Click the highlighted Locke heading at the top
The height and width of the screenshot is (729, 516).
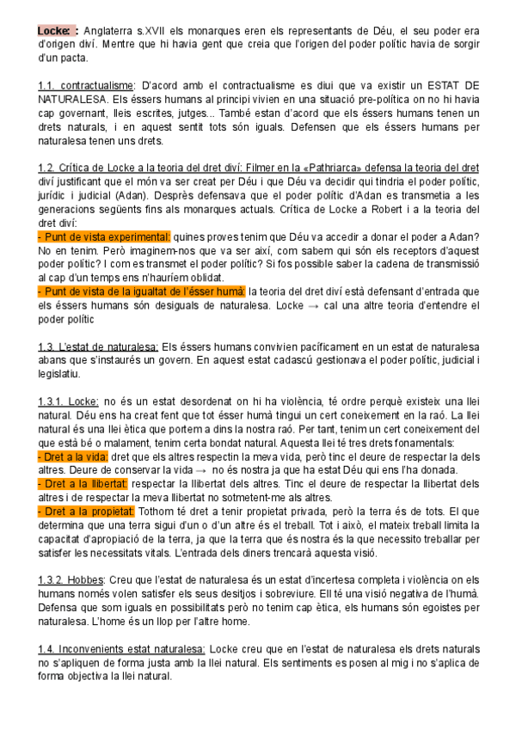coord(57,31)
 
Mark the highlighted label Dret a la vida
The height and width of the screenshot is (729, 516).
coord(72,456)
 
